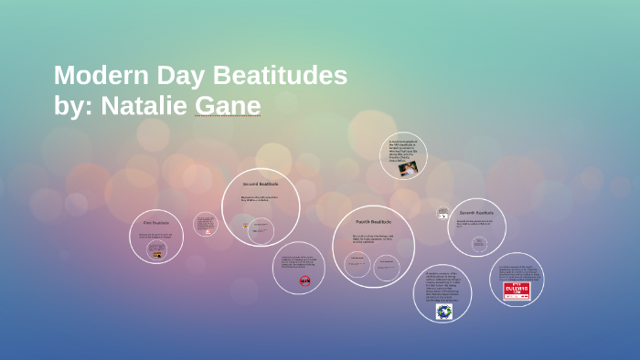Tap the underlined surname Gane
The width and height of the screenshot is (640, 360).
click(x=228, y=106)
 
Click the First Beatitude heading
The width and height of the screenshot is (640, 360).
click(x=156, y=222)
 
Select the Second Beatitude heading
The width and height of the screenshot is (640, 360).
click(x=261, y=185)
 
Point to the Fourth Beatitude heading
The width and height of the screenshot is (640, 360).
click(x=373, y=222)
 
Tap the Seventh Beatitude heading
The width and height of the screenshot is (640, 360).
click(x=476, y=212)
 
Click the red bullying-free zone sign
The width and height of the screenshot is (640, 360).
click(x=517, y=290)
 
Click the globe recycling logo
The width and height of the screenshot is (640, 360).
click(x=443, y=312)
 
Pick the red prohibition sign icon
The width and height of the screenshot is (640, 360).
click(x=305, y=281)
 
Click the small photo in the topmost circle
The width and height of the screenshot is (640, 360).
click(x=407, y=168)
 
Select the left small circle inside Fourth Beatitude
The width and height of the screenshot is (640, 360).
click(x=357, y=264)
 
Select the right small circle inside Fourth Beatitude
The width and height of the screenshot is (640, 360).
click(x=388, y=265)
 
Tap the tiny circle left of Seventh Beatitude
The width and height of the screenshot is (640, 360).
click(x=443, y=213)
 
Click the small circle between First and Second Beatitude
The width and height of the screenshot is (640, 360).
click(x=206, y=225)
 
